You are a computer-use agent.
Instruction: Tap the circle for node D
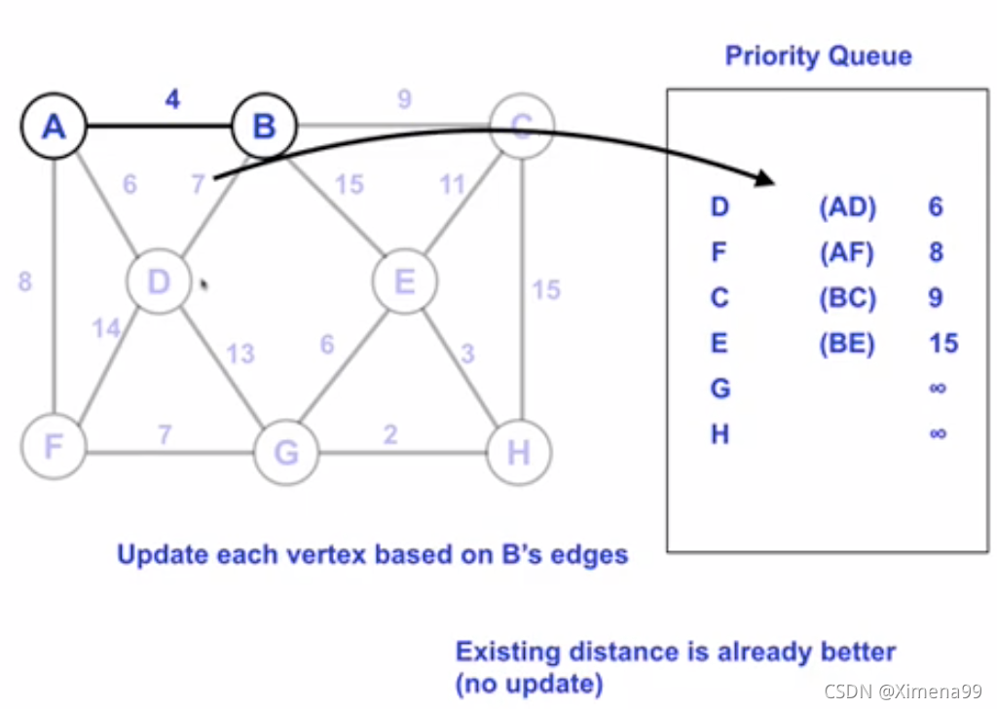158,281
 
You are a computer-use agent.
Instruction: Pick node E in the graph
405,282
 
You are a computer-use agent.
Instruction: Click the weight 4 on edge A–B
172,99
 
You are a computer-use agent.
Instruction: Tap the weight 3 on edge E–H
467,354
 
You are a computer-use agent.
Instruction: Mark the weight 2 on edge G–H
390,433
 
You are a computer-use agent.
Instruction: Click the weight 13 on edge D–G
240,353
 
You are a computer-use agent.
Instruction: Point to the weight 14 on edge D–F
106,327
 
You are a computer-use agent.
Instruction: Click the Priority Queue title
819,56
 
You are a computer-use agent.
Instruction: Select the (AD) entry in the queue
847,206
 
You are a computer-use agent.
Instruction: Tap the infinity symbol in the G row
938,389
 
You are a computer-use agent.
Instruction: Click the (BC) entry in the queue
847,297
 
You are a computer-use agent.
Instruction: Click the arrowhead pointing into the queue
764,180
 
